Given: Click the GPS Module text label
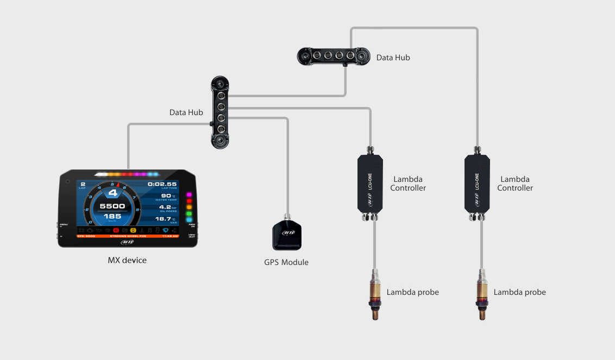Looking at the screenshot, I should (x=286, y=262).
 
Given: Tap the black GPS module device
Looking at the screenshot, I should (x=286, y=235).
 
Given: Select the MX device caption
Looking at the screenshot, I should (x=127, y=260).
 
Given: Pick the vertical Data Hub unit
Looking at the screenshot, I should (x=221, y=113).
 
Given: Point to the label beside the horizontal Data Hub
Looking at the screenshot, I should (x=393, y=57).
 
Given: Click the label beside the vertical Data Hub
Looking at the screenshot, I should (x=186, y=112).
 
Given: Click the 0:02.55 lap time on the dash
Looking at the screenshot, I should (x=162, y=185).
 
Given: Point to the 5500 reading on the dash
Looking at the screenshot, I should (x=112, y=206).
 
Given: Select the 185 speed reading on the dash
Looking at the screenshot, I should (x=113, y=217).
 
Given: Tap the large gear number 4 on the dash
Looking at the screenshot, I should (x=113, y=192).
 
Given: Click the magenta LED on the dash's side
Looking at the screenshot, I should (x=190, y=194).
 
